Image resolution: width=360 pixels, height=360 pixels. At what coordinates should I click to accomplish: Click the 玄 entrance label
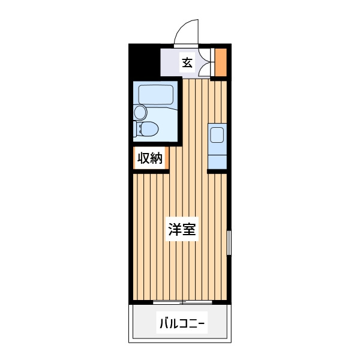click(x=187, y=62)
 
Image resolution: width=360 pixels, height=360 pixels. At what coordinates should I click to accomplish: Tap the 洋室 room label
click(x=182, y=229)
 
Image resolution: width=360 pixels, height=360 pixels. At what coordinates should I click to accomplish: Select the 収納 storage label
click(x=150, y=158)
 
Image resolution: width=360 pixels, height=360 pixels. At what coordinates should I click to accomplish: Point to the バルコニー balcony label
click(x=182, y=323)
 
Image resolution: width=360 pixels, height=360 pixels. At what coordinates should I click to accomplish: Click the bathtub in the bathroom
click(x=155, y=95)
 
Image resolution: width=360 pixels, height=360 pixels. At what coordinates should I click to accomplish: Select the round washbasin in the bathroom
click(x=140, y=113)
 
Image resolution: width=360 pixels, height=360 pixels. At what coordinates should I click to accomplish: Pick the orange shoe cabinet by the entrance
click(x=221, y=62)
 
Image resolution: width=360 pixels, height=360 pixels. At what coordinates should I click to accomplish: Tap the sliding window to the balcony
click(x=182, y=302)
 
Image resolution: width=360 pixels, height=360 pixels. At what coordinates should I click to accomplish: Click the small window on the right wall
click(x=229, y=242)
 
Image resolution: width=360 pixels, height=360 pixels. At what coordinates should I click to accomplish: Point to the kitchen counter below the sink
click(x=217, y=162)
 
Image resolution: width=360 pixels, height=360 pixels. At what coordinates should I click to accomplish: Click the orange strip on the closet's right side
click(x=167, y=158)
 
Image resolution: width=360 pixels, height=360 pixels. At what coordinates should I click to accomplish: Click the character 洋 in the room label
click(x=175, y=229)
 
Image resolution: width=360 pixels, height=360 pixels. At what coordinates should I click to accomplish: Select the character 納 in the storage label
click(x=157, y=158)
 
